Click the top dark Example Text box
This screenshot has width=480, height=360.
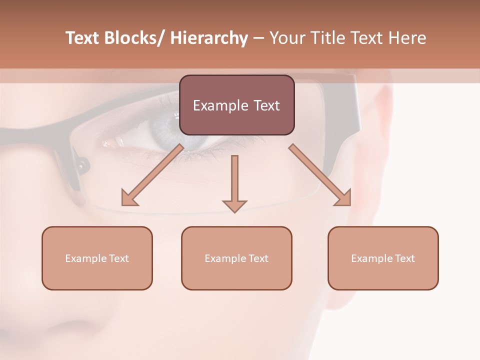[x=236, y=105]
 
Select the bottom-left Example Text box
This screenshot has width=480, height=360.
[x=97, y=258]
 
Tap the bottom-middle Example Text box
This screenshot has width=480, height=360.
[x=236, y=258]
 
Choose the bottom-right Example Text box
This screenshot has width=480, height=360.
[x=383, y=258]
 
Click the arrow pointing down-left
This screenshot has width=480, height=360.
[x=152, y=175]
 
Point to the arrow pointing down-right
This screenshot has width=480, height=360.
[x=320, y=175]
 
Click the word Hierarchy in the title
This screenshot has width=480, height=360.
[x=209, y=38]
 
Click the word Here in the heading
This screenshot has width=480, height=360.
[x=407, y=38]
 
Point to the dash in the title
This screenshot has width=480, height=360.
[x=258, y=38]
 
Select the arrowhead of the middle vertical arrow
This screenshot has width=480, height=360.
[x=234, y=206]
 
